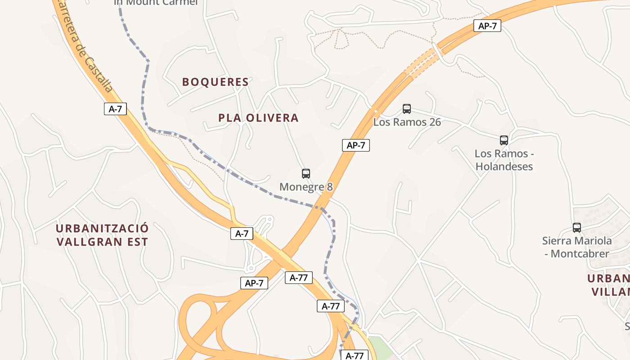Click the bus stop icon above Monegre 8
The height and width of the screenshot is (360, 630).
tap(306, 173)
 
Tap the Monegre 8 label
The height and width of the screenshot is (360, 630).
tap(306, 187)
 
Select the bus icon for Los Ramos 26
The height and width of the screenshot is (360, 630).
tap(407, 108)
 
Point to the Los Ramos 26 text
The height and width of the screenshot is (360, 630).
tap(407, 122)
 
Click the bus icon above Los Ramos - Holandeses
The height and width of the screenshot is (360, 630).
tap(504, 140)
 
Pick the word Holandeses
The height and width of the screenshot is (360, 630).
tap(504, 166)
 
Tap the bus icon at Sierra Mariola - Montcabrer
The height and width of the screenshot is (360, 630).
tap(577, 227)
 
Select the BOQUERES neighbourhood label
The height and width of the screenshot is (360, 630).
tap(215, 82)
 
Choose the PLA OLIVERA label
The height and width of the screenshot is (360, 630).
tap(258, 118)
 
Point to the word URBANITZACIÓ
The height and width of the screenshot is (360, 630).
tap(102, 228)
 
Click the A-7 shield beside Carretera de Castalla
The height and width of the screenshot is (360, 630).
tap(115, 109)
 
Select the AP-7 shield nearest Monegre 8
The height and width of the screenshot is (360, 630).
tap(355, 145)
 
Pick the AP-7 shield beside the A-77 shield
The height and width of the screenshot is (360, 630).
tap(254, 283)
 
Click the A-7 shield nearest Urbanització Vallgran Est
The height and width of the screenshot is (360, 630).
tap(242, 234)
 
